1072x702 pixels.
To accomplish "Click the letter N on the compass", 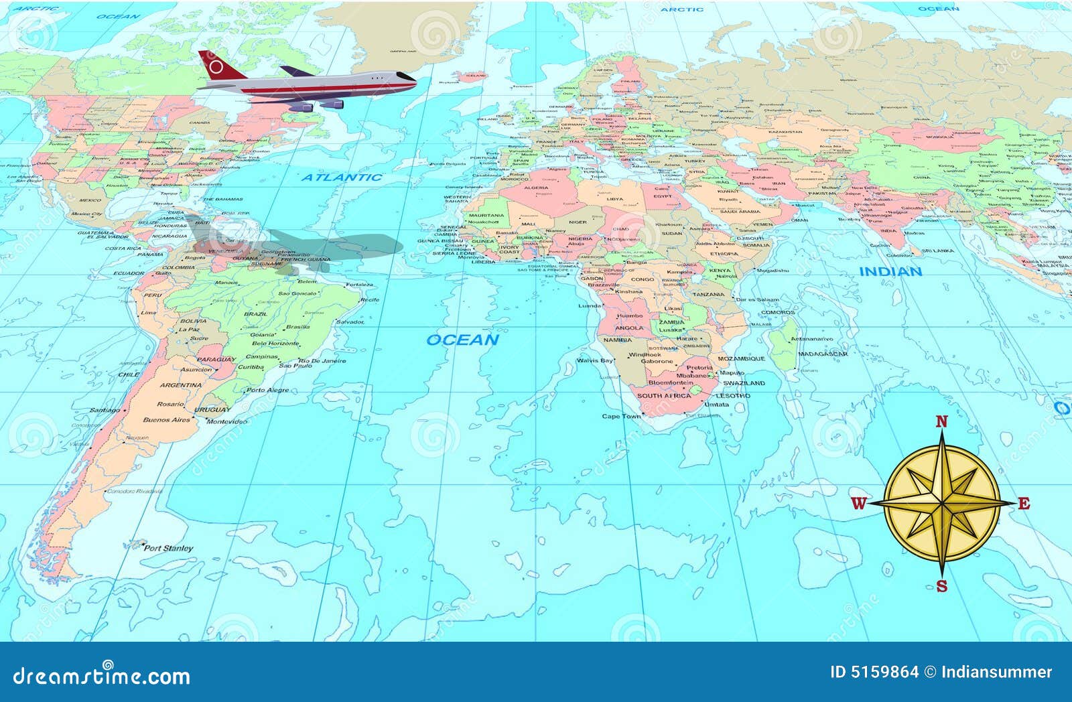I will coord(941,421).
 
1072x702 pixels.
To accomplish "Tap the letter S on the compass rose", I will coord(941,587).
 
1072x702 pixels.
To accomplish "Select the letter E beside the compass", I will coord(1023,504).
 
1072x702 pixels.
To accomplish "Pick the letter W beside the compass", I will coord(859,504).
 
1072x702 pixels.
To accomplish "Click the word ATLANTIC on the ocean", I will coord(341,178).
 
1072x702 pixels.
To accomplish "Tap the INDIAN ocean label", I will coord(890,271).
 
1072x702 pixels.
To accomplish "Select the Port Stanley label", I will coord(168,548).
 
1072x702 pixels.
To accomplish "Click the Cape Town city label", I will coord(621,416).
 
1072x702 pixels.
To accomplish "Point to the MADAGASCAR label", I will coord(823,354).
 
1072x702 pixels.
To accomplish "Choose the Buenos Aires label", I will coord(166,420).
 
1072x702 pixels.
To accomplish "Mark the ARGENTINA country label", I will coord(180,385).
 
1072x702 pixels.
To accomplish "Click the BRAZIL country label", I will coord(255,313).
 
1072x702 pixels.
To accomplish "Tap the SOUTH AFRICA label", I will coord(663,396).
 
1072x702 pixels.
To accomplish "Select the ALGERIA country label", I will coord(535,188).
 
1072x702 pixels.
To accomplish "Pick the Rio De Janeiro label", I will coord(322,360).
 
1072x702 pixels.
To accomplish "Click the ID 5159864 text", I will coord(874,672).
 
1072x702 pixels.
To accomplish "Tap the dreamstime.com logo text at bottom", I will coord(101,675).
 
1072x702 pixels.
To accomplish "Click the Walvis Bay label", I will coord(595,360).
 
